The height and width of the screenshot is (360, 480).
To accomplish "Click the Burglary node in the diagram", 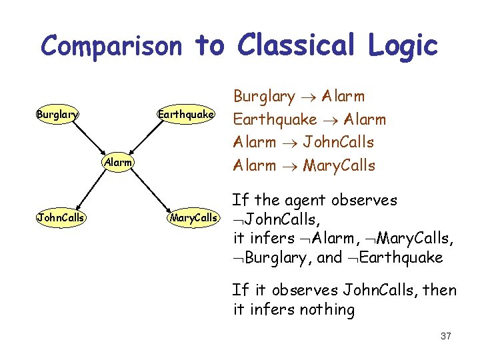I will click(57, 115).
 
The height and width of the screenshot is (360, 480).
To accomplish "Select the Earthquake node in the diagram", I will click(185, 115).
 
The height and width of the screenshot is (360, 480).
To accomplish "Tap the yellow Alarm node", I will click(118, 163).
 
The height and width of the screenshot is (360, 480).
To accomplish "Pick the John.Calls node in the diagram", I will click(61, 217).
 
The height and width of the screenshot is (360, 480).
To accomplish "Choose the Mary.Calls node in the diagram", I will click(193, 217).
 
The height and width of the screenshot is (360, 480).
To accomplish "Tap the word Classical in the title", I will click(307, 45).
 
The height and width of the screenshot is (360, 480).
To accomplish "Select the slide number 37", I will click(445, 336).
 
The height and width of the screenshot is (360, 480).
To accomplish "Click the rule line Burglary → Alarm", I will click(299, 97).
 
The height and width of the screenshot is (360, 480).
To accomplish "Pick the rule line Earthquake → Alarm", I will click(309, 119).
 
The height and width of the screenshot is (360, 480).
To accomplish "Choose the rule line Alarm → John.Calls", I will click(303, 142).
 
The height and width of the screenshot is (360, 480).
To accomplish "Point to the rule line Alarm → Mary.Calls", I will click(304, 165).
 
